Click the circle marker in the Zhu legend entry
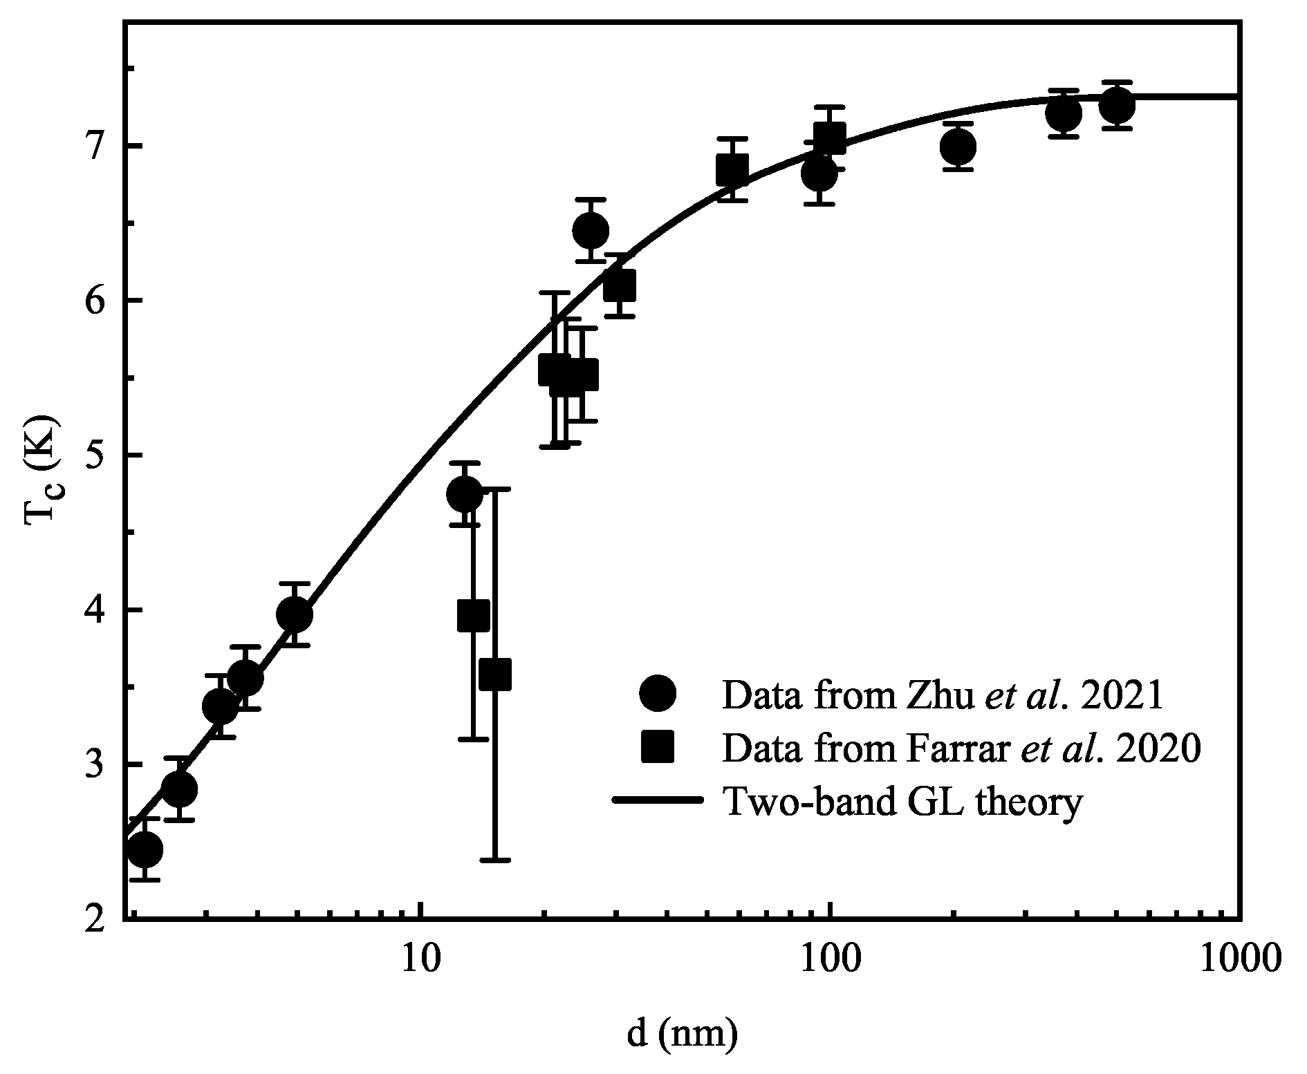tap(658, 694)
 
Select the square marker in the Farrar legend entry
tap(658, 748)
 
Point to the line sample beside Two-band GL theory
tap(658, 802)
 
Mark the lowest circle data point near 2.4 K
tap(145, 849)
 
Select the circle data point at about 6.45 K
tap(591, 230)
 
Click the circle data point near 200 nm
tap(958, 147)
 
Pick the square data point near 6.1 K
tap(620, 285)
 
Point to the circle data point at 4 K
tap(294, 614)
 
